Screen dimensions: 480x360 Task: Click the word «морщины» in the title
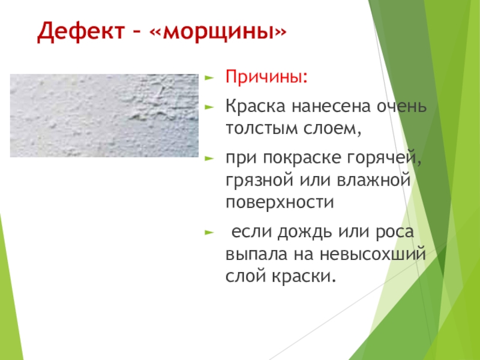pyautogui.click(x=218, y=32)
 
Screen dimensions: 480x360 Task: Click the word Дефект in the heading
pyautogui.click(x=81, y=32)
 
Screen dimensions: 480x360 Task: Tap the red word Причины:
pyautogui.click(x=266, y=77)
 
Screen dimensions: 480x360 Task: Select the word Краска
pyautogui.click(x=256, y=106)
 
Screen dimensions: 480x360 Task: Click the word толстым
pyautogui.click(x=262, y=128)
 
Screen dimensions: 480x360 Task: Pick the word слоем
pyautogui.click(x=332, y=129)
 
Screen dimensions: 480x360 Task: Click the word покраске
pyautogui.click(x=302, y=158)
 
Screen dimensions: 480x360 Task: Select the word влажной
pyautogui.click(x=373, y=180)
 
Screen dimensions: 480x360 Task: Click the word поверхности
pyautogui.click(x=280, y=202)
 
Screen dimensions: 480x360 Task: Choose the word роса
pyautogui.click(x=395, y=232)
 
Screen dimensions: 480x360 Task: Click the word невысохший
pyautogui.click(x=373, y=254)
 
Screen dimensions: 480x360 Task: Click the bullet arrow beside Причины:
pyautogui.click(x=209, y=77)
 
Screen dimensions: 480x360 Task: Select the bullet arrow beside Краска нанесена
pyautogui.click(x=209, y=107)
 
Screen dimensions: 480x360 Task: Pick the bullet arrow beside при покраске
pyautogui.click(x=209, y=158)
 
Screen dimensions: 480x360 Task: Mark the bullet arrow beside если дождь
pyautogui.click(x=209, y=232)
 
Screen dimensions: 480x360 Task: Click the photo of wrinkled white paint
pyautogui.click(x=104, y=116)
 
